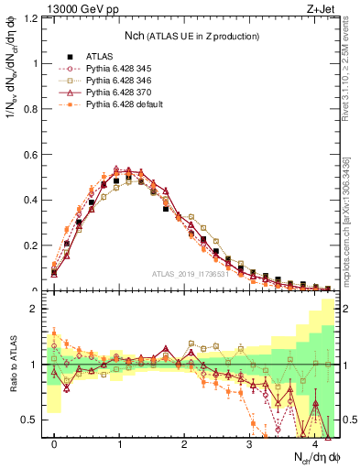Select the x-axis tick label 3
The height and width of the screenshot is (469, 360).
click(x=249, y=444)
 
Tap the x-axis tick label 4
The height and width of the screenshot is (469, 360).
click(x=314, y=444)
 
